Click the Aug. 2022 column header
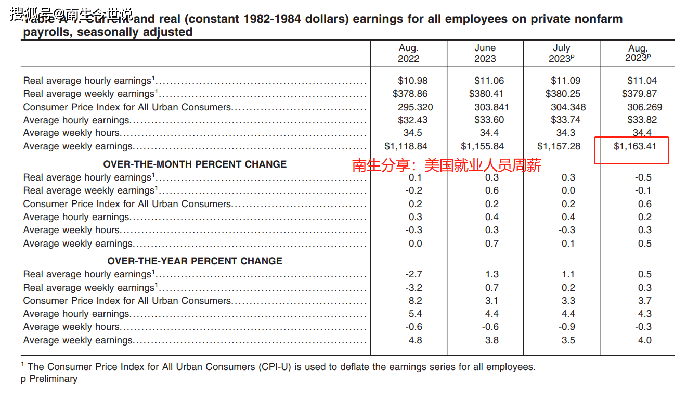[408, 53]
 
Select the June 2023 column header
[485, 53]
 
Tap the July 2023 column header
[561, 53]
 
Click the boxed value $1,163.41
[635, 146]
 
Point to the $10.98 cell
[412, 81]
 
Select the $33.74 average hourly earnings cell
[565, 120]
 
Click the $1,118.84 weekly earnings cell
[406, 146]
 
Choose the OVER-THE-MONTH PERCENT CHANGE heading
[195, 164]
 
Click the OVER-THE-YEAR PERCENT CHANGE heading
[195, 261]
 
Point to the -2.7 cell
[413, 274]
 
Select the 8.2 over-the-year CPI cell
[415, 301]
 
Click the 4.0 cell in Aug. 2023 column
[644, 340]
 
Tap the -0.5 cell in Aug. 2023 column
[643, 177]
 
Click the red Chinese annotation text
[447, 166]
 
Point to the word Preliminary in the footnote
[53, 379]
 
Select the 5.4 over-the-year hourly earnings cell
[415, 314]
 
